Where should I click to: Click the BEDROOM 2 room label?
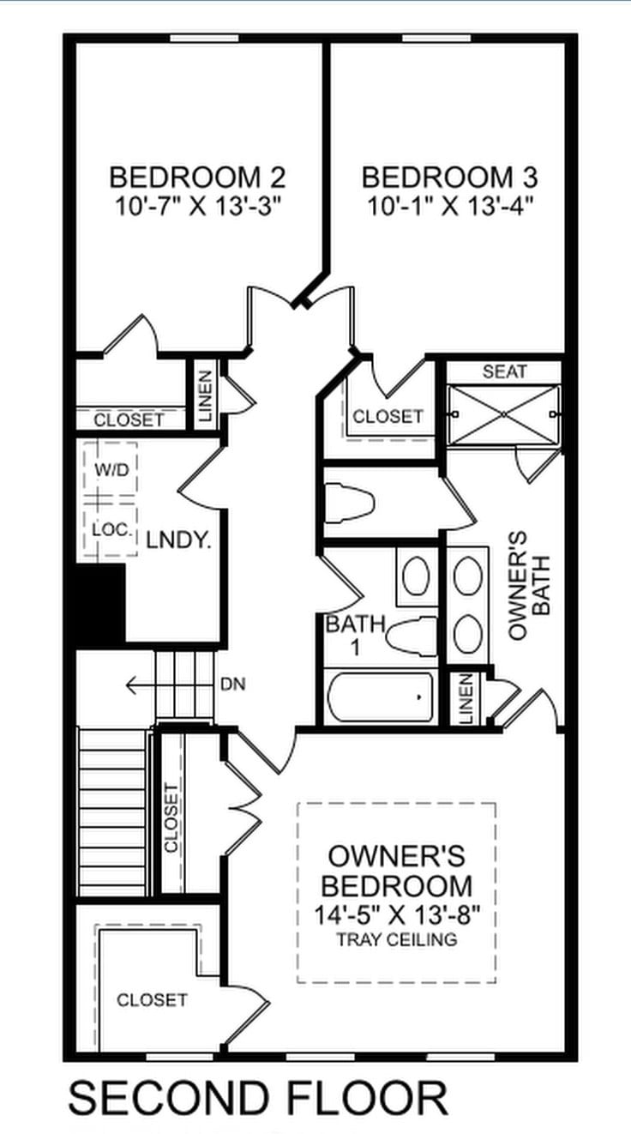point(197,178)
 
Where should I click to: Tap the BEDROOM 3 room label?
point(450,178)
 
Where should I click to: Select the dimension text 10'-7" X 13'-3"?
point(197,206)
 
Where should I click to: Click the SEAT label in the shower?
point(504,371)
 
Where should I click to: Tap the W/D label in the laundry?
point(110,470)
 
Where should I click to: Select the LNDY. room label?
point(178,540)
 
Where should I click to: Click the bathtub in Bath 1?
point(380,697)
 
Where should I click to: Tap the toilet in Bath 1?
point(410,636)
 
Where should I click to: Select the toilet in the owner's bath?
point(350,503)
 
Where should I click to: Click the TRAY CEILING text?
point(396,940)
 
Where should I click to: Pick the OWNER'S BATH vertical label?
point(528,585)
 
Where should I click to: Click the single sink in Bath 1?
point(418,576)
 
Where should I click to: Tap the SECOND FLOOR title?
point(258,1098)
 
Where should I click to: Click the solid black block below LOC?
point(100,605)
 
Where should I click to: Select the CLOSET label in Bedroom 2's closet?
point(129,420)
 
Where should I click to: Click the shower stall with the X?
point(504,414)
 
